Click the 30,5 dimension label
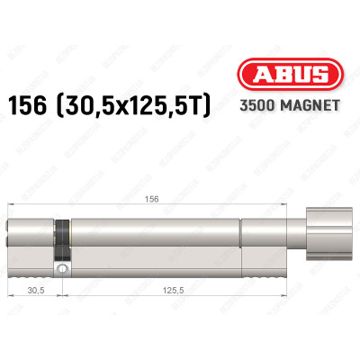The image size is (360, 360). (x=35, y=290)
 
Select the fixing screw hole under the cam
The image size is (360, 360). (x=62, y=267)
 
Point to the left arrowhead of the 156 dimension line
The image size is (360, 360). (x=9, y=210)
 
